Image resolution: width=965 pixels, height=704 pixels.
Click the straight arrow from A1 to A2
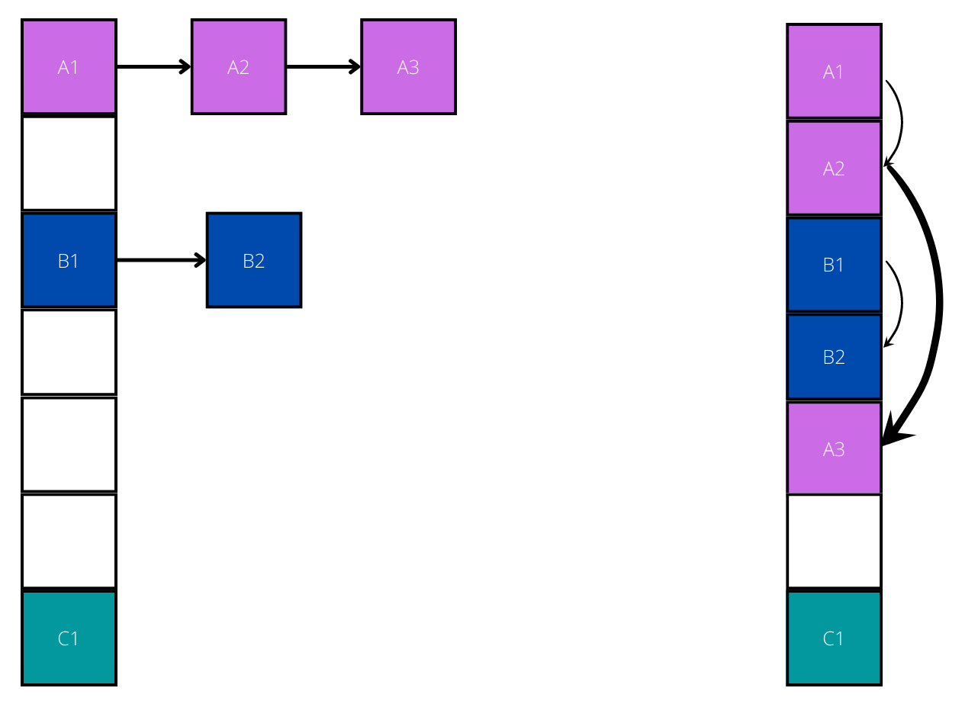(153, 67)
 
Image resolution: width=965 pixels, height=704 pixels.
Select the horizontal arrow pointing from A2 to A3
(323, 67)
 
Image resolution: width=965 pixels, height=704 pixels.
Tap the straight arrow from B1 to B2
(161, 260)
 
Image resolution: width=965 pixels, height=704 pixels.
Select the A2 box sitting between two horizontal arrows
(239, 67)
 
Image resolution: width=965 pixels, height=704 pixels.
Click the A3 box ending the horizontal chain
(408, 67)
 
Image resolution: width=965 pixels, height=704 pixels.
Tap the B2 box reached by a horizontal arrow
(254, 260)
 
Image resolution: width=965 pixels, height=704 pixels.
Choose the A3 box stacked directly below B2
(834, 448)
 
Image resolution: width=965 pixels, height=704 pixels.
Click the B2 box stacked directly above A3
(834, 356)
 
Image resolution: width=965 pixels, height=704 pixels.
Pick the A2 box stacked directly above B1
(834, 168)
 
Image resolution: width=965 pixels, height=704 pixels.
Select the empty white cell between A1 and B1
(69, 163)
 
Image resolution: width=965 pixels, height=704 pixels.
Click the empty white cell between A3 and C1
(834, 542)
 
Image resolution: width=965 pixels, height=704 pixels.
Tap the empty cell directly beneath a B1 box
(69, 352)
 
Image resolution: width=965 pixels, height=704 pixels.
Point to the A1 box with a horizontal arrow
(69, 67)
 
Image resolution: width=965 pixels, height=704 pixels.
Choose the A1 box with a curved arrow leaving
(834, 72)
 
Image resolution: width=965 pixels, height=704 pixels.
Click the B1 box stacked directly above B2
(834, 265)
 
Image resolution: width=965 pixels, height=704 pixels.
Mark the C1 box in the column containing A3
(834, 638)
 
